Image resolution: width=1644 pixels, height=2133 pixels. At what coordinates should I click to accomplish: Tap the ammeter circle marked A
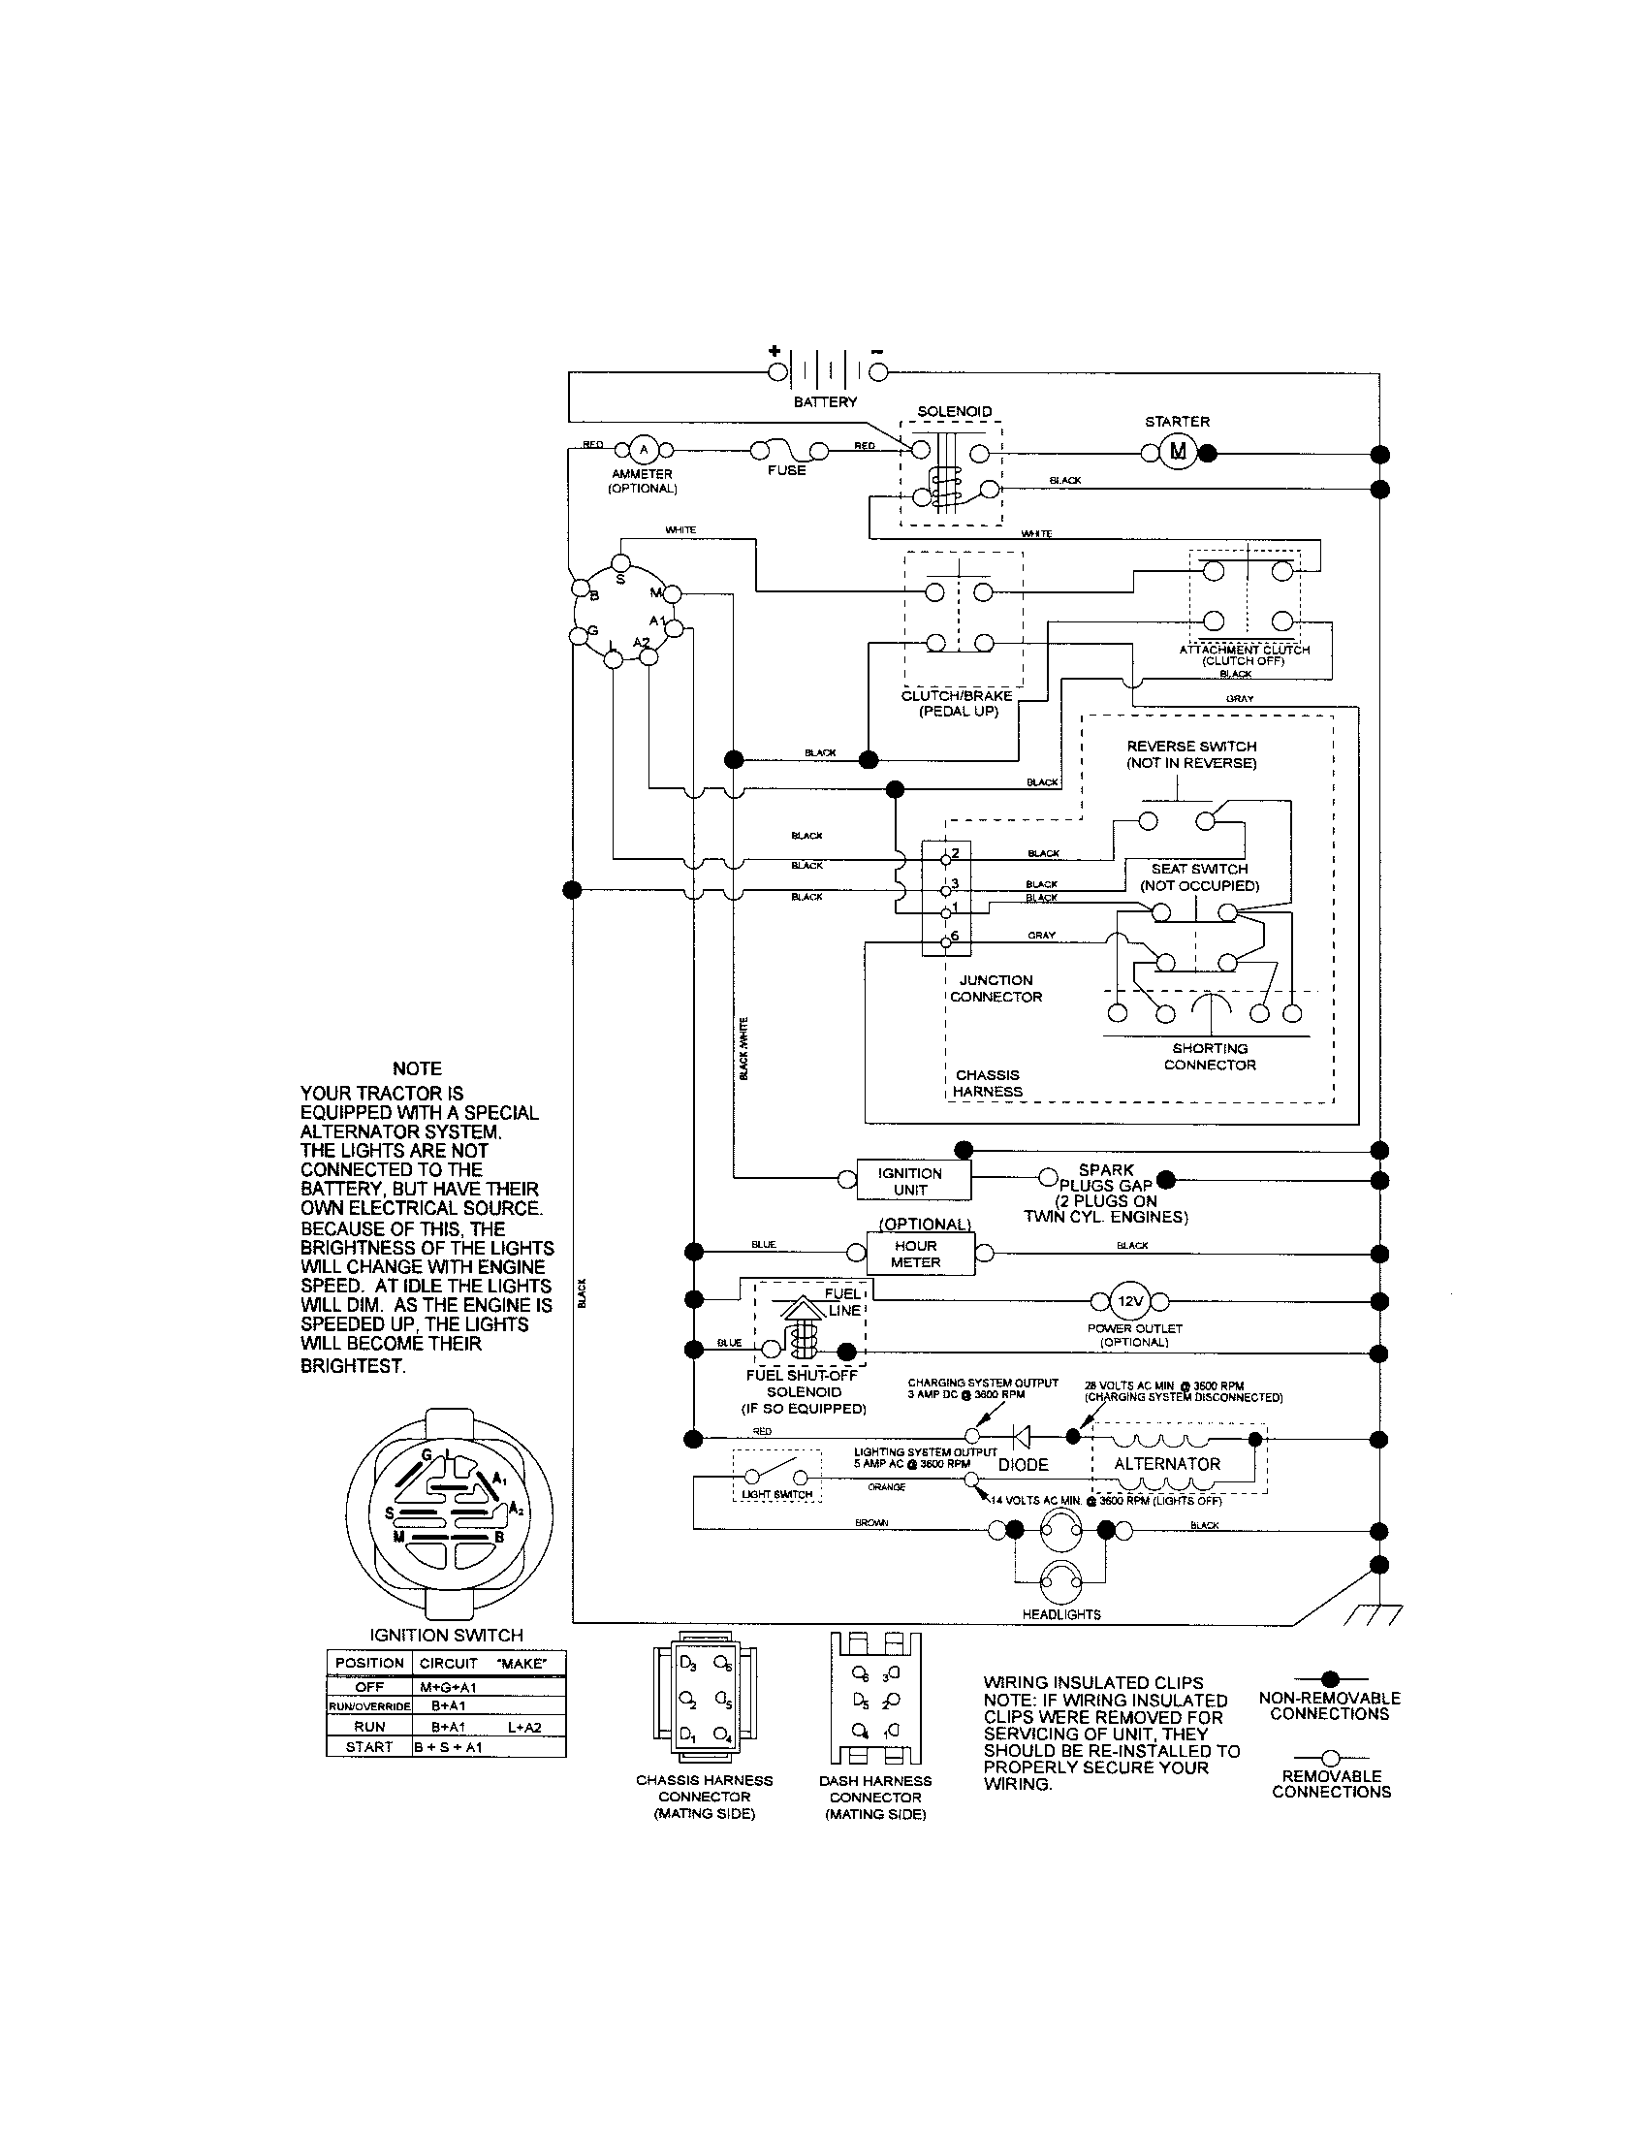coord(643,450)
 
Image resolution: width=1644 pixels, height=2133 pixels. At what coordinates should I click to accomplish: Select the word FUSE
coord(787,471)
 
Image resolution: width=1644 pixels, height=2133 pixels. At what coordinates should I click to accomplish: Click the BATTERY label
coord(826,402)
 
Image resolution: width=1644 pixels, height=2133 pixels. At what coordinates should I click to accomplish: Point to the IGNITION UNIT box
coord(913,1181)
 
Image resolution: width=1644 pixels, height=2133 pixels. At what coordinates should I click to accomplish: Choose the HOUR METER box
coord(916,1254)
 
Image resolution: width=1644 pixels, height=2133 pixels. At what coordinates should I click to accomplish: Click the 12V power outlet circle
coord(1130,1301)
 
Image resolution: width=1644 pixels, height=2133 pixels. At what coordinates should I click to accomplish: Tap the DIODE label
coord(1023,1465)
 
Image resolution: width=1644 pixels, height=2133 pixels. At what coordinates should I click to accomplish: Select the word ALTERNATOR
coord(1168,1464)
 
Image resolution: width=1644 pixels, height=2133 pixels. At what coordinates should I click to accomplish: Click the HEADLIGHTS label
coord(1061,1614)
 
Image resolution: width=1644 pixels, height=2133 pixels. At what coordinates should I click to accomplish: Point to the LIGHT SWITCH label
coord(777,1494)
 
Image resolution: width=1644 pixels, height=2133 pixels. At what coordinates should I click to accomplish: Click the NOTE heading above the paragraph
coord(417,1068)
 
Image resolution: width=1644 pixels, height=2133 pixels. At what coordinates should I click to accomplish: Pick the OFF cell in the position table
coord(369,1687)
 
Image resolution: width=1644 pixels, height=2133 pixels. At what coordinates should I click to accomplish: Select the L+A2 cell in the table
coord(524,1727)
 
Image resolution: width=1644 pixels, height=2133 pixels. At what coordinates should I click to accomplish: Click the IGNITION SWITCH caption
coord(446,1635)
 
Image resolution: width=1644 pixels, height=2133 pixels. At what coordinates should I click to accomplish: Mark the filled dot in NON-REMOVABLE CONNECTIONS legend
coord(1329,1679)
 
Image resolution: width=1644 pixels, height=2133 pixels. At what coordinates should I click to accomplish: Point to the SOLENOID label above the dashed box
coord(954,412)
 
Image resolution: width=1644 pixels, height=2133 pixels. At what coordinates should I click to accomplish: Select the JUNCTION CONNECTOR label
coord(996,988)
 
